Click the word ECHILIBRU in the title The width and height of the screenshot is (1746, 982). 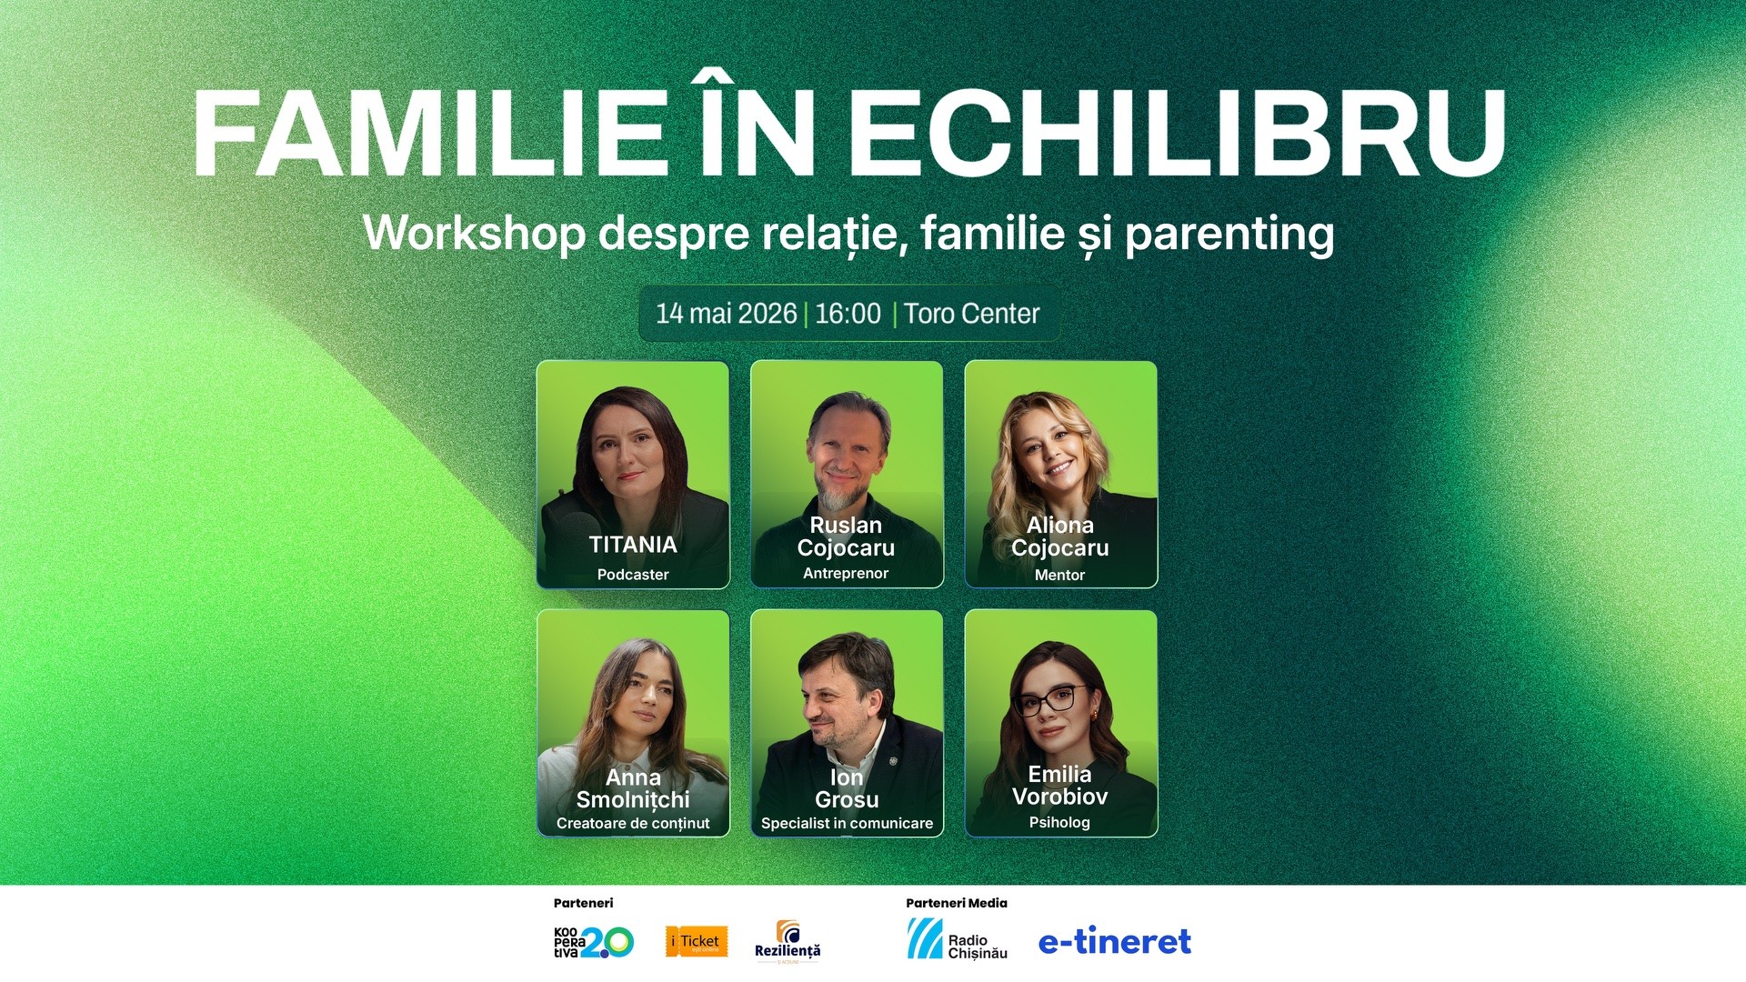coord(1177,134)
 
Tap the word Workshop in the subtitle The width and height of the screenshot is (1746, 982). coord(474,234)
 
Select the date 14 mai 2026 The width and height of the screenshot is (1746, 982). coord(726,314)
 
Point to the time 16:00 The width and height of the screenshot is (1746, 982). coord(848,314)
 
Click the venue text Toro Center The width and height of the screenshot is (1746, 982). coord(971,314)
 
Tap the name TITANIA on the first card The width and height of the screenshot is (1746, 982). coord(633,545)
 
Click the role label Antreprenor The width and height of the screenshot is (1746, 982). coord(846,573)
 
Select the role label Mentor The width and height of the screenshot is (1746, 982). coord(1059,575)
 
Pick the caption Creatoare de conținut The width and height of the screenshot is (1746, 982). coord(633,823)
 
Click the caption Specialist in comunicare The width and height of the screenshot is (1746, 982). coord(847,823)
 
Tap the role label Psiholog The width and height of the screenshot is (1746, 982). coord(1059,822)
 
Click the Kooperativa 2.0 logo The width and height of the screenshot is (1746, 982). coord(593,942)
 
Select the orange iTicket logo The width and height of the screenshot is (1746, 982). coord(697,942)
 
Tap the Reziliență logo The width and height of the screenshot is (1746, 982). coord(788,942)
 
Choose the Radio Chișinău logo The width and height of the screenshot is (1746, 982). coord(957,940)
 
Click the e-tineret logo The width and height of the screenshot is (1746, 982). coord(1114,941)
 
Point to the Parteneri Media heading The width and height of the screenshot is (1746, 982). coord(956,903)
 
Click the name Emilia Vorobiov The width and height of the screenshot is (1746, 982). coord(1059,785)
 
